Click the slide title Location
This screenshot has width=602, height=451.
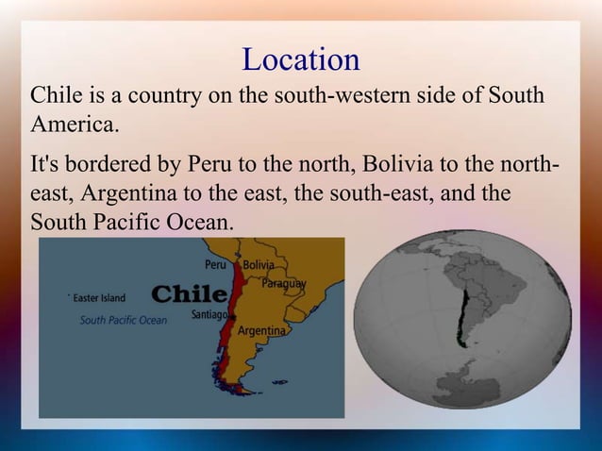[x=301, y=59]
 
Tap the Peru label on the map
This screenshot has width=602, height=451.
[x=216, y=265]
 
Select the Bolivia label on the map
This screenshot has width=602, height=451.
[x=259, y=265]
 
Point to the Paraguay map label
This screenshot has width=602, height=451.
[x=284, y=283]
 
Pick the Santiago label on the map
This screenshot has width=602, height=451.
[x=209, y=313]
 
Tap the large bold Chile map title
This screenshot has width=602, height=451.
[x=189, y=293]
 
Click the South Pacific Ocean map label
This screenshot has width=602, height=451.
[x=124, y=320]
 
